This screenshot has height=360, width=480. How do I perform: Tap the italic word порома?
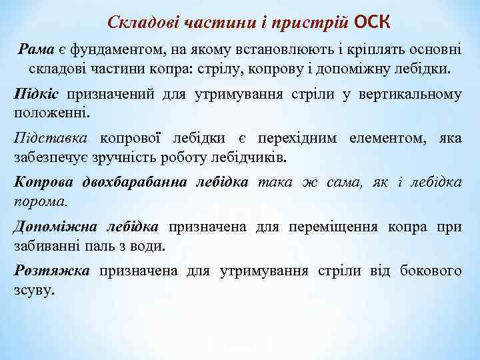(x=40, y=199)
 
